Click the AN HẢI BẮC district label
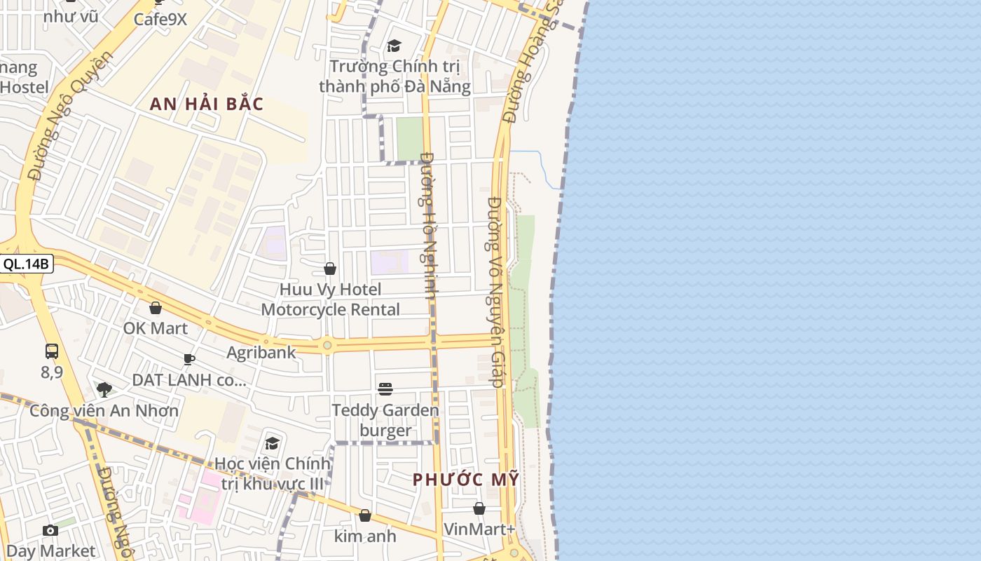[x=207, y=104]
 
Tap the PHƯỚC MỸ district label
[x=466, y=480]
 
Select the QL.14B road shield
[x=27, y=264]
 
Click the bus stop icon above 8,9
[x=52, y=351]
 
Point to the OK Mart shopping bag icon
[x=156, y=308]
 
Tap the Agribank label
[x=261, y=352]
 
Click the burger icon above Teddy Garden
[x=385, y=389]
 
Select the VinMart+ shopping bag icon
[x=479, y=508]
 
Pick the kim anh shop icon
[x=365, y=516]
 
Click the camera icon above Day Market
[x=50, y=530]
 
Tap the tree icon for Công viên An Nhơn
[x=104, y=389]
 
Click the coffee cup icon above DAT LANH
[x=189, y=359]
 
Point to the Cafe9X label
[x=160, y=19]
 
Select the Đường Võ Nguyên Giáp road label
[x=496, y=291]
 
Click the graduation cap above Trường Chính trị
[x=394, y=46]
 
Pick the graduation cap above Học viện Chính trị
[x=272, y=443]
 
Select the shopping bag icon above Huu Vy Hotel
[x=330, y=269]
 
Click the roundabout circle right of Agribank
[x=327, y=345]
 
